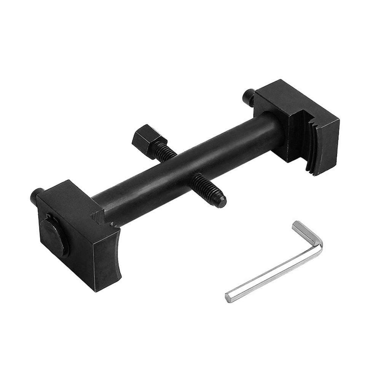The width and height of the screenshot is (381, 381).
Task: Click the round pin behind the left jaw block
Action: (37, 196)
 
